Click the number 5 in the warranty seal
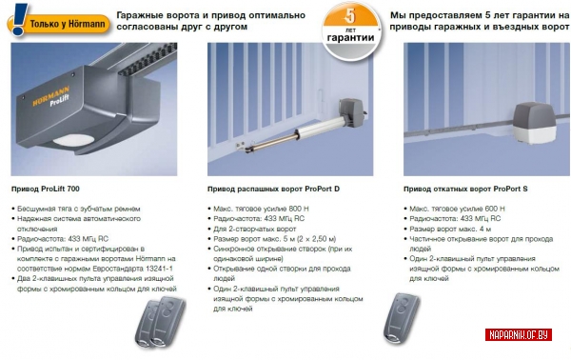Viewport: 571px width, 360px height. pos(349,16)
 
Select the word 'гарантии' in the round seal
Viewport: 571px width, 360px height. pos(350,37)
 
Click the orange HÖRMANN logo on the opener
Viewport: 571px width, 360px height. pos(50,95)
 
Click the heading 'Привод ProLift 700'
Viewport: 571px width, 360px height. pos(46,189)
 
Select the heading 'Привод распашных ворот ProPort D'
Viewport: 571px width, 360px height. pos(273,189)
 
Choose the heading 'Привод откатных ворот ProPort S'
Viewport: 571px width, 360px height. pos(465,189)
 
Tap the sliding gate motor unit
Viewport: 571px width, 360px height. pos(535,123)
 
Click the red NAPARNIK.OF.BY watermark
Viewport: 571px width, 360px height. pos(519,334)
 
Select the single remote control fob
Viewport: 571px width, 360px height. pos(402,318)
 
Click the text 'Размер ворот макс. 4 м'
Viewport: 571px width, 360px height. pos(450,229)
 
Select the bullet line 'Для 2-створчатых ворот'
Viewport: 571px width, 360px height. pos(254,229)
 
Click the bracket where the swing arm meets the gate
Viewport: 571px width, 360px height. pos(241,146)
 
